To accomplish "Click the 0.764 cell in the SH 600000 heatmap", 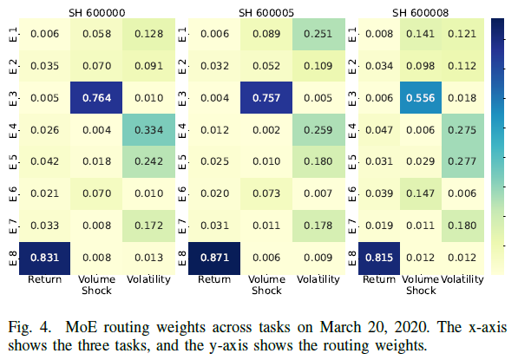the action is coord(96,98).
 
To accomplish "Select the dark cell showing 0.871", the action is coord(214,258).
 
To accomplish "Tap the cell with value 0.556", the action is coord(421,98).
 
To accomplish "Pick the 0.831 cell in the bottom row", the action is coord(44,258).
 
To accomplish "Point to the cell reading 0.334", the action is coord(148,130).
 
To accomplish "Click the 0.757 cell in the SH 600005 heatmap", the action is coord(266,98).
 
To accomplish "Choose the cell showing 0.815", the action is coord(379,258).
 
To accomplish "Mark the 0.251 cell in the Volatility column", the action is coord(318,34).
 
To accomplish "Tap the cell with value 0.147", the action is coord(421,193).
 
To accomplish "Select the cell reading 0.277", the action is coord(462,161).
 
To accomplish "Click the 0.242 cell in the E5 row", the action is coord(148,161).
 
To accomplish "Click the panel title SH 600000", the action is coord(97,13).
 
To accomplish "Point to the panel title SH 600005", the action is coord(266,13).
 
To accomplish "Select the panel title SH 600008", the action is coord(421,13).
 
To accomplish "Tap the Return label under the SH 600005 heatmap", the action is coord(214,279).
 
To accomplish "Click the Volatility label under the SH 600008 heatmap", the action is coord(462,279).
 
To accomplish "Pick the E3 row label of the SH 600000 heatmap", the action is coord(13,98).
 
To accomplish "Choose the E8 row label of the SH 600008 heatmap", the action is coord(352,258).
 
